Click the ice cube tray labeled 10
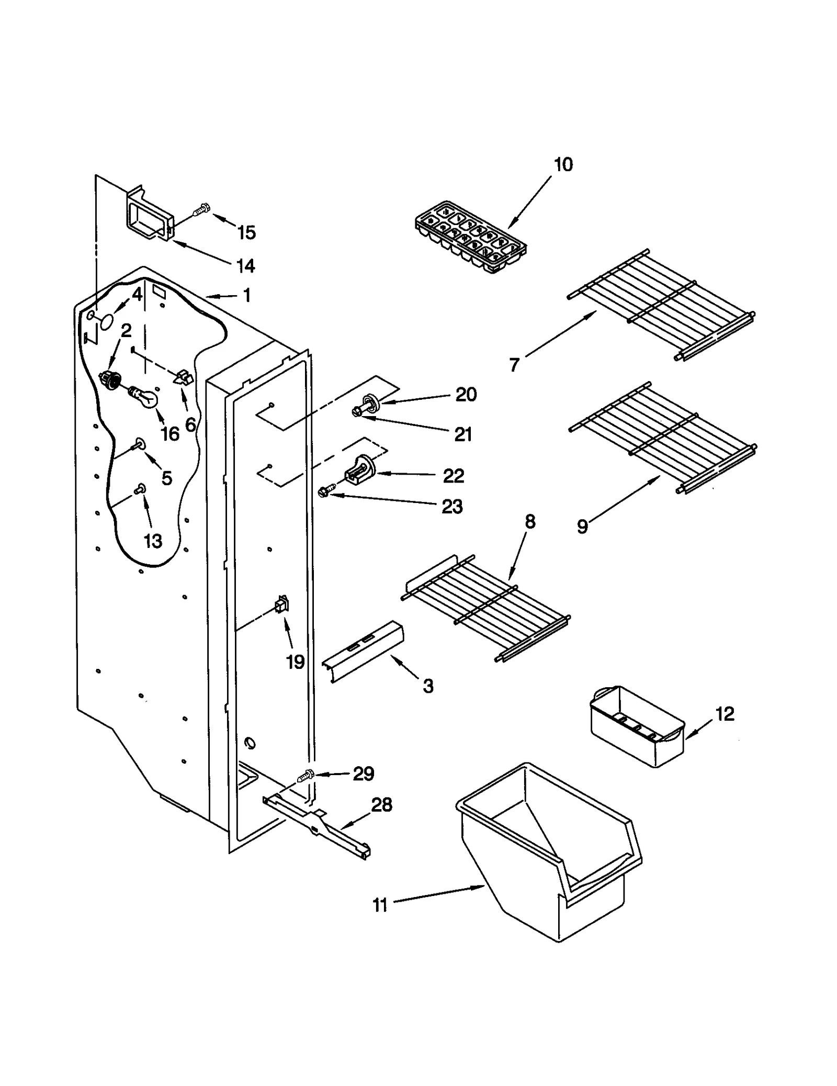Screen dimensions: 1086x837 470,237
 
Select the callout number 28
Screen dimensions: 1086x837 381,805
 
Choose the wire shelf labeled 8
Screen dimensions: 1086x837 485,607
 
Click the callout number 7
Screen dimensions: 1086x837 514,365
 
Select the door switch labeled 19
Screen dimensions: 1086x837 282,606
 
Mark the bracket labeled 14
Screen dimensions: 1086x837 149,216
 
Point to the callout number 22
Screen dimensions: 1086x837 453,476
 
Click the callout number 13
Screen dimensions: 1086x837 153,541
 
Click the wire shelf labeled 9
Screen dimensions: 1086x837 662,438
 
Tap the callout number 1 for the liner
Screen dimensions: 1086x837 246,295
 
